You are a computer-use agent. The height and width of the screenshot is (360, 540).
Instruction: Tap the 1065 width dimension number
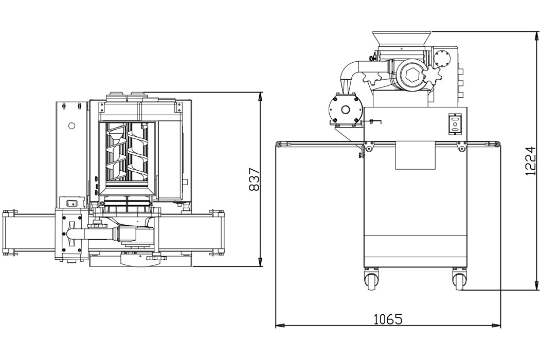pos(387,319)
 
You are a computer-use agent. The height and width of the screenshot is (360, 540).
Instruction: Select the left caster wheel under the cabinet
pos(372,281)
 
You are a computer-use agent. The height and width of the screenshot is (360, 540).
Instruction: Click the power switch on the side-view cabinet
pos(454,124)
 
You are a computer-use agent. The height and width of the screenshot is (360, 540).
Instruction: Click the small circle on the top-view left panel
pos(72,125)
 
